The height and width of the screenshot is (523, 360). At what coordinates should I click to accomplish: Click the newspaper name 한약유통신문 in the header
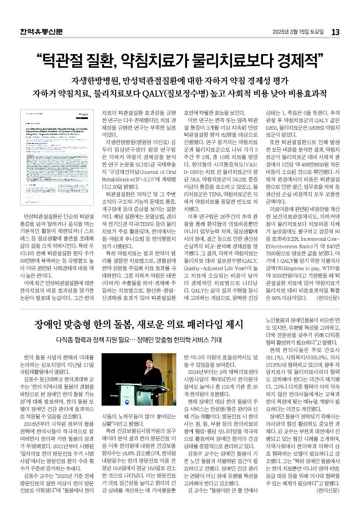click(x=41, y=32)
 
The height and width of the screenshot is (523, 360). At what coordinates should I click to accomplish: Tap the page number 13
click(x=335, y=32)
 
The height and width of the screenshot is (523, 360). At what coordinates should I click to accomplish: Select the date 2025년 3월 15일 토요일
click(x=298, y=32)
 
